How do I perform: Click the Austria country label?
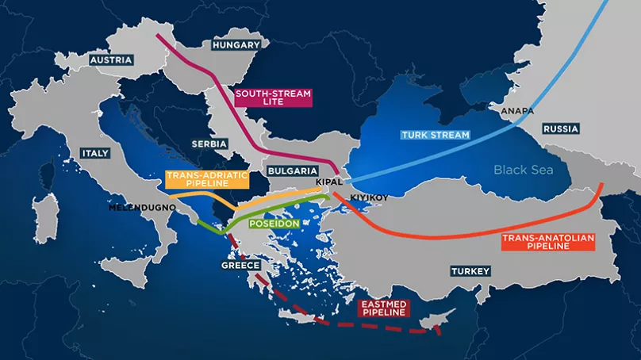111,60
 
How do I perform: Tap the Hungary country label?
236,45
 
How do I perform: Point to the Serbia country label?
209,144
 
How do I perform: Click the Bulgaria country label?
293,170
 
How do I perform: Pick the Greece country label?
240,266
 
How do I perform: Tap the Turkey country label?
470,271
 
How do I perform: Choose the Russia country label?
561,128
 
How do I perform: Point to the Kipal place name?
328,182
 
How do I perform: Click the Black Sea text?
522,170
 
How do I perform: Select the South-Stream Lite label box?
273,98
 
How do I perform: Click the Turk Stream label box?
436,135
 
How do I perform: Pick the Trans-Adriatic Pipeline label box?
196,178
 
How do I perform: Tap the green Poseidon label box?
274,224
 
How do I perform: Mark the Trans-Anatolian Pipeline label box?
548,242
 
